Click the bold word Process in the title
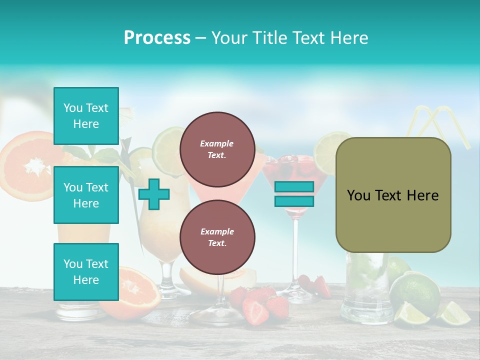coord(157,37)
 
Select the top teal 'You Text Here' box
coord(86,116)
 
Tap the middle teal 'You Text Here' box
coord(86,195)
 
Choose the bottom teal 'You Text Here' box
coord(86,271)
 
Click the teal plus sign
coord(154,194)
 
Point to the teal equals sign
coord(294,194)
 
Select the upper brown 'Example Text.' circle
coord(217,149)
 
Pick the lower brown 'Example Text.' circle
coord(217,237)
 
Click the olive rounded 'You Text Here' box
coord(393,195)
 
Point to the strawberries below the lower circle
coord(257,302)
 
